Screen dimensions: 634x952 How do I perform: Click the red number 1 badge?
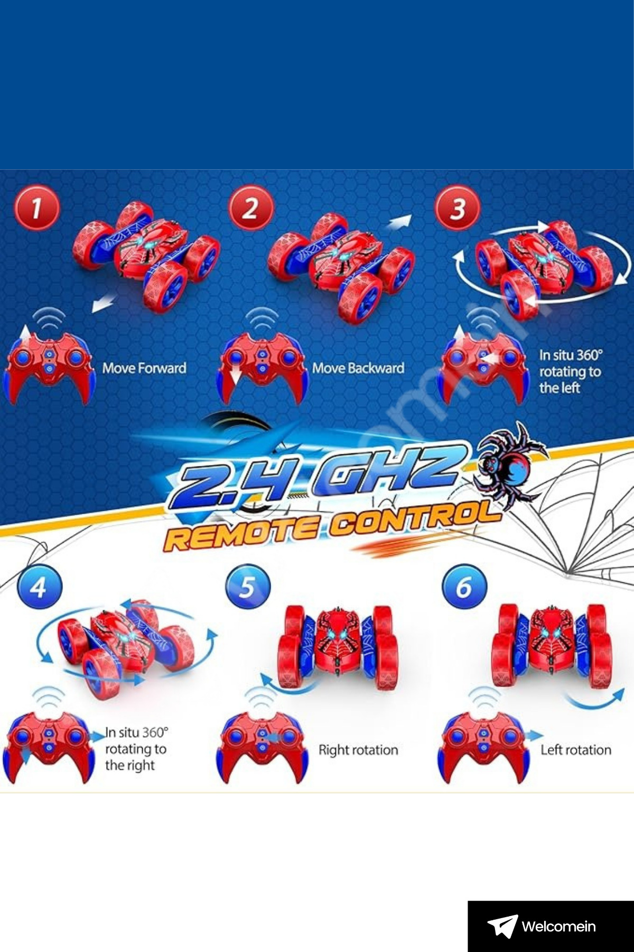pyautogui.click(x=36, y=208)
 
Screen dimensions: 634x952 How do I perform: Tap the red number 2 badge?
pyautogui.click(x=251, y=208)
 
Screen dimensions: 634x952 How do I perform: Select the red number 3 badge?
pyautogui.click(x=458, y=208)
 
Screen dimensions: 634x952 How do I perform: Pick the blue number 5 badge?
pyautogui.click(x=248, y=587)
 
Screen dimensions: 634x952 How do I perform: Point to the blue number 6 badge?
pyautogui.click(x=464, y=587)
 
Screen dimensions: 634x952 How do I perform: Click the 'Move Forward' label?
pyautogui.click(x=144, y=368)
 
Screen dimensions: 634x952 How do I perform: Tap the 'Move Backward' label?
pyautogui.click(x=358, y=368)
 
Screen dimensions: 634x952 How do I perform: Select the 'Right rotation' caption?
pyautogui.click(x=358, y=750)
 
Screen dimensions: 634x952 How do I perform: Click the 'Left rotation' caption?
pyautogui.click(x=576, y=750)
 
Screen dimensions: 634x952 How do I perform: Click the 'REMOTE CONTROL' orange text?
pyautogui.click(x=333, y=526)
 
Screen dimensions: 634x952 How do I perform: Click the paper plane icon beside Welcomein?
pyautogui.click(x=502, y=926)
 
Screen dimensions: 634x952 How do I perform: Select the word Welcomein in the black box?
pyautogui.click(x=558, y=927)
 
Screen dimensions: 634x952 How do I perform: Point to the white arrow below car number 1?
pyautogui.click(x=104, y=304)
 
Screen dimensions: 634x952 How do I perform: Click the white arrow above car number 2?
pyautogui.click(x=399, y=222)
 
